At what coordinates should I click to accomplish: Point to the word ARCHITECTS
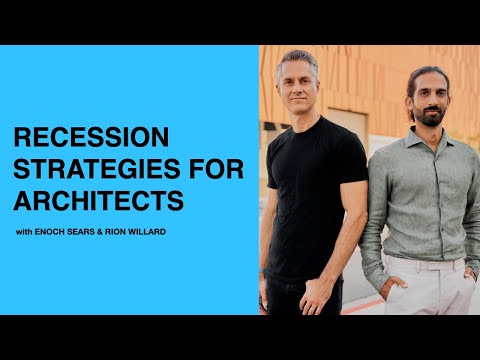coord(97,201)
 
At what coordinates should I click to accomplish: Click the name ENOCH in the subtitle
coord(54,234)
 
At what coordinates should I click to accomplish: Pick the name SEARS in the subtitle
coord(86,234)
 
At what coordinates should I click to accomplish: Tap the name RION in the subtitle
coord(122,234)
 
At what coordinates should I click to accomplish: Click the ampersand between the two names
coord(105,234)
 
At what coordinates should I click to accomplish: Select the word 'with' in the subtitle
coord(25,234)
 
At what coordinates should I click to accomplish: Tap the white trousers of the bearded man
coord(420,295)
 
